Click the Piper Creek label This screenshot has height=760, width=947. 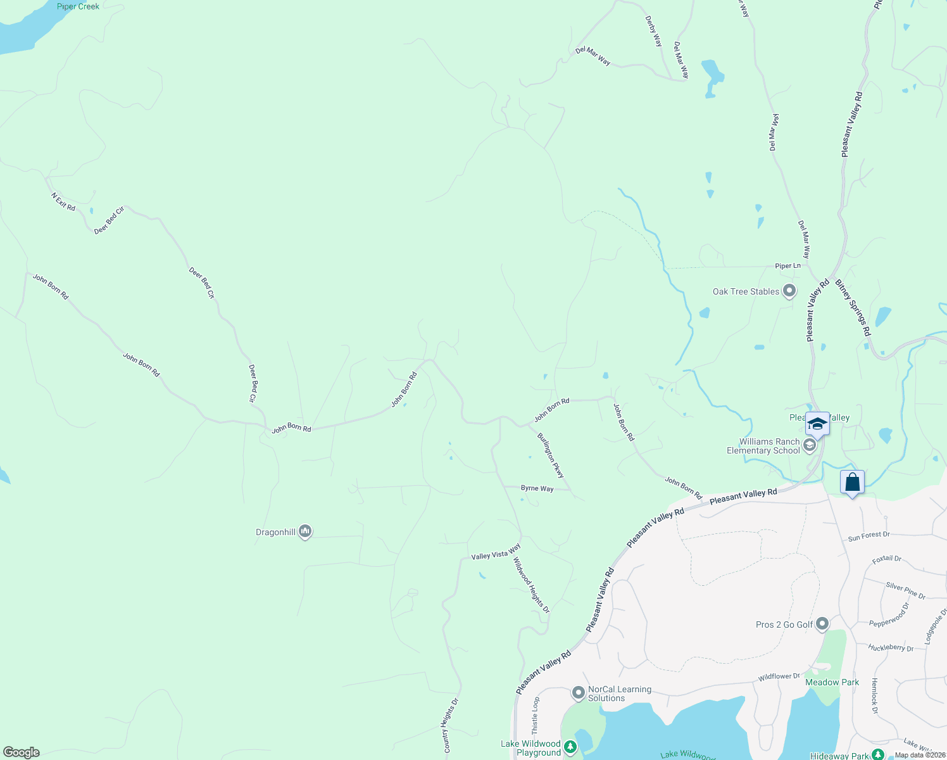tap(78, 6)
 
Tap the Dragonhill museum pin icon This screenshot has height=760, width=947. tap(305, 531)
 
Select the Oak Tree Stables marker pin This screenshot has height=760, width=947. tap(789, 291)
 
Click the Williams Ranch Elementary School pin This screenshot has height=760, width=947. tap(809, 446)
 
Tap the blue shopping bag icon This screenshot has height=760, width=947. tap(852, 483)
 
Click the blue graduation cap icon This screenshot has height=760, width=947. tap(817, 424)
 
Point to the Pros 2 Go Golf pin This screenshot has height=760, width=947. tap(822, 624)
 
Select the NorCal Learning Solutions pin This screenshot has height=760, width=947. tap(578, 693)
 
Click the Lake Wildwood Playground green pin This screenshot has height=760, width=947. tap(570, 748)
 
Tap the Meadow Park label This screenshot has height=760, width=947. tap(832, 682)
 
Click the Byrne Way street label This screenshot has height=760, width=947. tap(537, 488)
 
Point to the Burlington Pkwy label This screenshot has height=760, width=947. tap(550, 455)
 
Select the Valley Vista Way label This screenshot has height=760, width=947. tap(496, 552)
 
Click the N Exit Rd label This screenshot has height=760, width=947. tap(63, 202)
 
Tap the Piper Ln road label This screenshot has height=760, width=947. tap(787, 266)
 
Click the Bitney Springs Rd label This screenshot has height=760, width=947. tap(853, 308)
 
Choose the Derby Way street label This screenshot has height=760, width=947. tap(653, 32)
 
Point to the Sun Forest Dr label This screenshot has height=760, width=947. tap(869, 536)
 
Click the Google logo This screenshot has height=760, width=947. tap(22, 752)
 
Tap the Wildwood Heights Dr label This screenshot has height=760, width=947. tap(531, 585)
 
